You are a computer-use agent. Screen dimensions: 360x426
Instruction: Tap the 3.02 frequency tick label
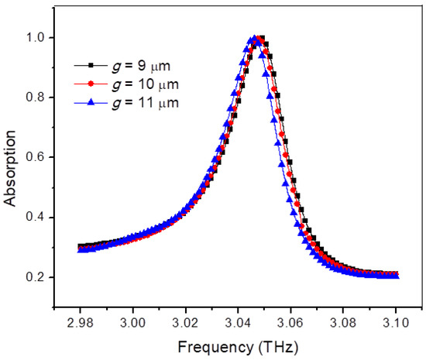pos(186,321)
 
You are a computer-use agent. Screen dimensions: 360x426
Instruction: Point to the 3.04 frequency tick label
pos(239,321)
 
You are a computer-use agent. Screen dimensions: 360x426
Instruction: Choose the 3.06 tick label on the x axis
pos(291,321)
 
